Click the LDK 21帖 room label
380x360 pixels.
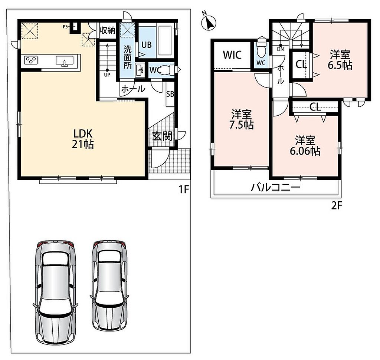(83, 139)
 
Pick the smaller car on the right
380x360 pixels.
(109, 285)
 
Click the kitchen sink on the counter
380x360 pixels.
(64, 60)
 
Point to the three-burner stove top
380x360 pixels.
(31, 60)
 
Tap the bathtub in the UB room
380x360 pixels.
(166, 40)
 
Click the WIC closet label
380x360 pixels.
(232, 55)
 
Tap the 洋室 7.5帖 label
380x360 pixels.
(242, 119)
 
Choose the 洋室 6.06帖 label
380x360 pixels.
(305, 145)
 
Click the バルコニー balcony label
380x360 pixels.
(276, 187)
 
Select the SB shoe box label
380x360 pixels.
(170, 94)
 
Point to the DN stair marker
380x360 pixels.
(281, 49)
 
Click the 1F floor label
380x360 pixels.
(183, 189)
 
